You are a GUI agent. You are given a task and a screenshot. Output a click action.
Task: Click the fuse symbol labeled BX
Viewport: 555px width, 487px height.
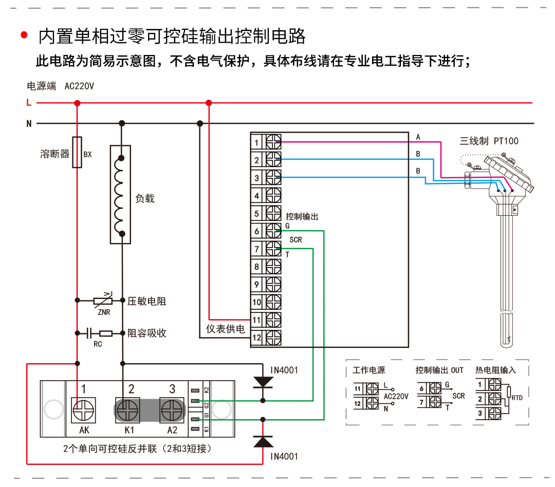tap(77, 153)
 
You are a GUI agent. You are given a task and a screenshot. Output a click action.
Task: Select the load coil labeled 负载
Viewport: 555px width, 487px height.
tap(121, 195)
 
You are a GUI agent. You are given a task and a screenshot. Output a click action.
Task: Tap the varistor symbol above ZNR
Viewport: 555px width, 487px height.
tap(103, 300)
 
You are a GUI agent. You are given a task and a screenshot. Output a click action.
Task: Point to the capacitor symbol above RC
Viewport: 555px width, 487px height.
tap(90, 333)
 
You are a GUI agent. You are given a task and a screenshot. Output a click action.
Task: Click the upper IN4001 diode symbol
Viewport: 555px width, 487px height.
tap(263, 382)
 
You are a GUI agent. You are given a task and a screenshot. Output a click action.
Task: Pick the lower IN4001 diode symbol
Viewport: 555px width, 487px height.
tap(263, 441)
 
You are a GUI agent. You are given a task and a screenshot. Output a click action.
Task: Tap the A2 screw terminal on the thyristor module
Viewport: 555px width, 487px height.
tap(172, 410)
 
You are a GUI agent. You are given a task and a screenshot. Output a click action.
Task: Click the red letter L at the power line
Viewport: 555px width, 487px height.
tap(29, 103)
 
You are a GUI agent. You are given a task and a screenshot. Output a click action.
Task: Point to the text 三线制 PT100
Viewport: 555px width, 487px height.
tap(489, 141)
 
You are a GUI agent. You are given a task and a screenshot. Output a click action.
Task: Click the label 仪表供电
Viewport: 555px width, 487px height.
tap(226, 329)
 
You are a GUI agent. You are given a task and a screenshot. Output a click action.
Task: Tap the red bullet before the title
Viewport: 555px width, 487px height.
tap(24, 35)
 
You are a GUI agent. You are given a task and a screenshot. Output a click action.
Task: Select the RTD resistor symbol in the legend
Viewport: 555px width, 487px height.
tap(509, 394)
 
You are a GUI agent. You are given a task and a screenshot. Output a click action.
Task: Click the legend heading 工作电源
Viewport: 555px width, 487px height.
tap(368, 370)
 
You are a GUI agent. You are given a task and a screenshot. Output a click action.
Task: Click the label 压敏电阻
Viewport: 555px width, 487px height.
tap(147, 301)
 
